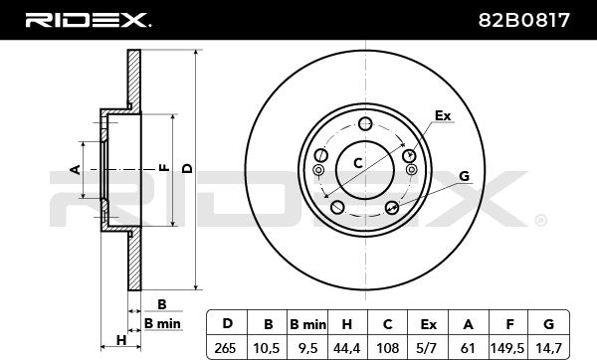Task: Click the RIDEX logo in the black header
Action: (x=89, y=20)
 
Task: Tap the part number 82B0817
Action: (x=524, y=20)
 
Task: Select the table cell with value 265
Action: (x=226, y=348)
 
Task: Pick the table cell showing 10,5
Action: (x=267, y=348)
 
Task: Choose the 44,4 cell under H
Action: (x=347, y=348)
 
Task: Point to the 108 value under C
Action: (x=388, y=348)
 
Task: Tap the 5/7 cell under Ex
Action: (x=428, y=348)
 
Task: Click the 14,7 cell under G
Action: (x=548, y=348)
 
